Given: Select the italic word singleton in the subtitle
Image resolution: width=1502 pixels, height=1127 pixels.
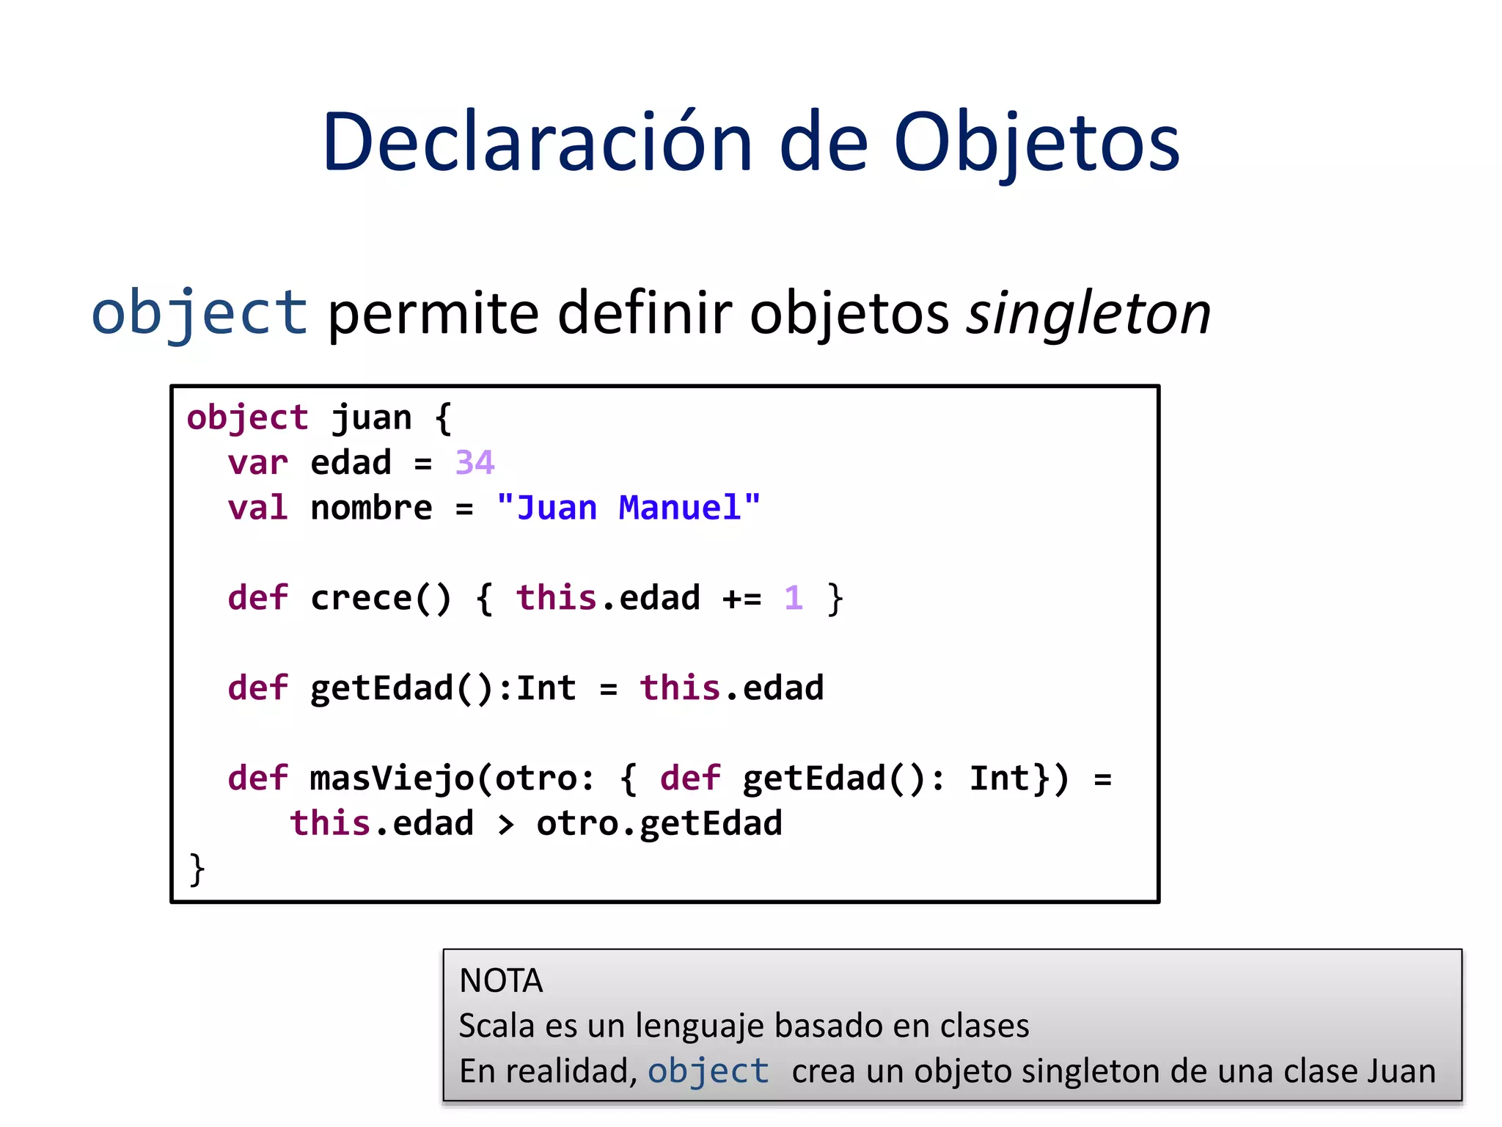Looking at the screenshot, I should [1088, 313].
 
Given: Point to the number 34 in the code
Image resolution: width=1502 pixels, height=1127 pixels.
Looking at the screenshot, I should [475, 463].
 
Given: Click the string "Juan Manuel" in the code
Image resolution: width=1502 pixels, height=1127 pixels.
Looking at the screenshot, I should [629, 508].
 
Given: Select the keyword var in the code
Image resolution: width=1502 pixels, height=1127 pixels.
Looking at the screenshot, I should [257, 463].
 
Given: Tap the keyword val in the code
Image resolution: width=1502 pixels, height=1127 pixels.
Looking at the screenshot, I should [257, 508].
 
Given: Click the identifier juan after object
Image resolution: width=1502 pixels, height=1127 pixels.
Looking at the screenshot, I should [372, 418].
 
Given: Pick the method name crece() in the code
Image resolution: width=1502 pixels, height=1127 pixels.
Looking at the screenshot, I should [381, 598].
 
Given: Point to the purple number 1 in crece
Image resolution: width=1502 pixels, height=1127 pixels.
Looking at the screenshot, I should [794, 598].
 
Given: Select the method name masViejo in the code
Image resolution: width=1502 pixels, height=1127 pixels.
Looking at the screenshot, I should [392, 778].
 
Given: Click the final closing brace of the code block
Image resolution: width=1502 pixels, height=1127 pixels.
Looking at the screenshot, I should [197, 869].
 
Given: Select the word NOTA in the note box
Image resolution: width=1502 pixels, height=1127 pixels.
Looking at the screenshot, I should [501, 981].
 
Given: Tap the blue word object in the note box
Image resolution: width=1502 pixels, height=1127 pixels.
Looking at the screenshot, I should [708, 1071].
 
